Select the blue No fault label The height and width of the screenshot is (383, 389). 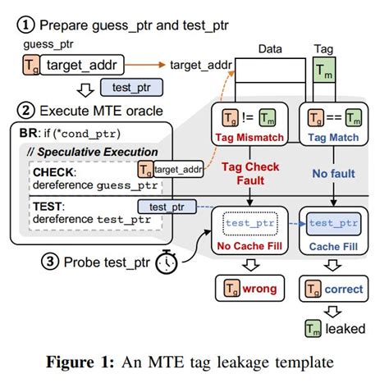pyautogui.click(x=333, y=174)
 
